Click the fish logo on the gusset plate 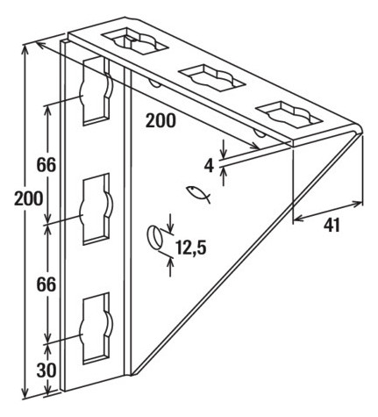pyautogui.click(x=198, y=194)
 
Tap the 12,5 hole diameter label pyautogui.click(x=191, y=248)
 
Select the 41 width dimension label pyautogui.click(x=332, y=226)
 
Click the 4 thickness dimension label pyautogui.click(x=209, y=166)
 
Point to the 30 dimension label pyautogui.click(x=46, y=370)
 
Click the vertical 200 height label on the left pyautogui.click(x=29, y=198)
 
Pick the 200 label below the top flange pyautogui.click(x=160, y=120)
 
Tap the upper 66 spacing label pyautogui.click(x=46, y=165)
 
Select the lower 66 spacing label pyautogui.click(x=46, y=284)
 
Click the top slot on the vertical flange pyautogui.click(x=96, y=90)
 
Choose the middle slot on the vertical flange pyautogui.click(x=96, y=209)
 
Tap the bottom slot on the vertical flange pyautogui.click(x=96, y=328)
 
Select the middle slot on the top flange pyautogui.click(x=211, y=77)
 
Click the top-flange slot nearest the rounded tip pyautogui.click(x=289, y=114)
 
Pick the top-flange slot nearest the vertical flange pyautogui.click(x=134, y=40)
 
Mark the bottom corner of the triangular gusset pyautogui.click(x=133, y=374)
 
